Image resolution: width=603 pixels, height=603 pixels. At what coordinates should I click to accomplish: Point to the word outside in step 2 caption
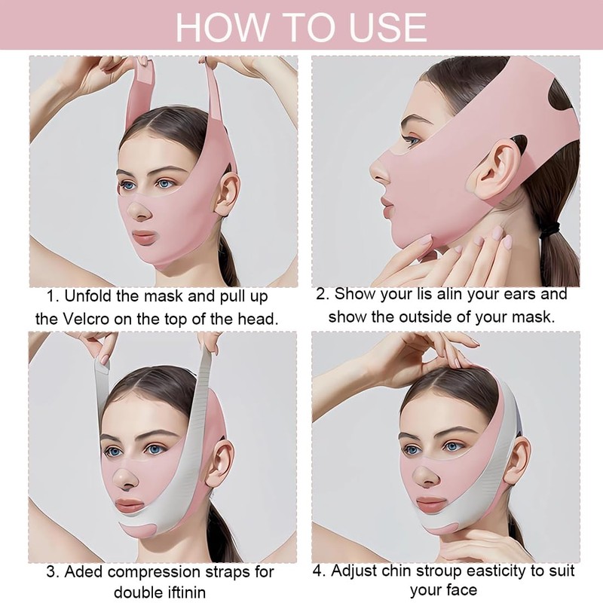click(443, 317)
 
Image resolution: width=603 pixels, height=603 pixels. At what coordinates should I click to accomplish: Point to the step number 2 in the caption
click(322, 294)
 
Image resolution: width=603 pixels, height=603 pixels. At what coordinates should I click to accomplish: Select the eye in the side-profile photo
click(412, 139)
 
